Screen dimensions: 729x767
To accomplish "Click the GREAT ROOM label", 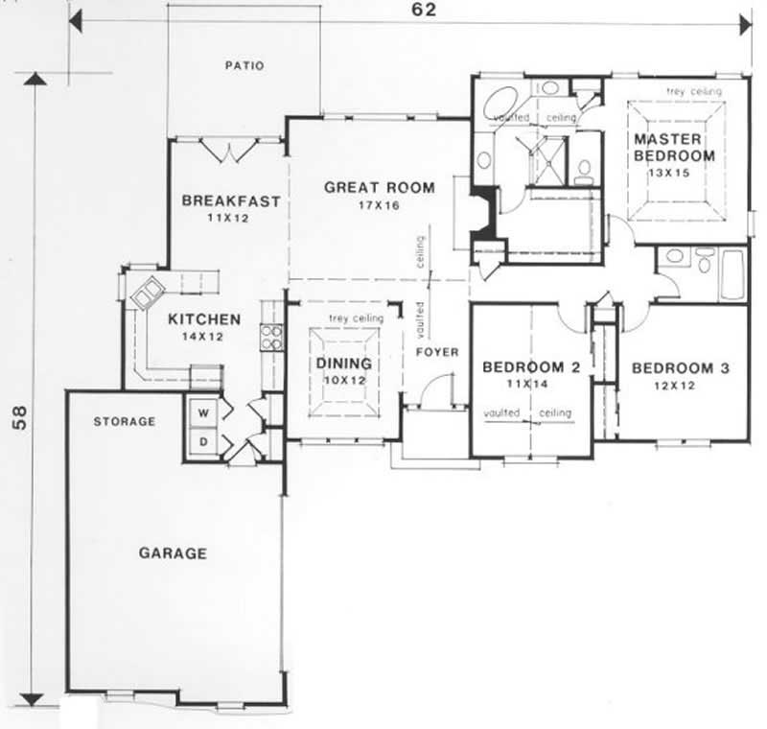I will point(379,188).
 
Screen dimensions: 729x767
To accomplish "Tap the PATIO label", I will point(244,66).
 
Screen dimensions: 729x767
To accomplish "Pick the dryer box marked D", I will point(203,442).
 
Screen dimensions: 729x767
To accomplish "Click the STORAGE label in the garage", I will point(125,421).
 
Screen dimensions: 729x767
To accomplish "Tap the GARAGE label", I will point(173,553).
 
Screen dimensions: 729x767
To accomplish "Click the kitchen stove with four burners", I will point(271,337).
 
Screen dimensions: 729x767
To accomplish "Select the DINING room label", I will point(343,364).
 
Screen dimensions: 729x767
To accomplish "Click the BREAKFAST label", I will point(231,201).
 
